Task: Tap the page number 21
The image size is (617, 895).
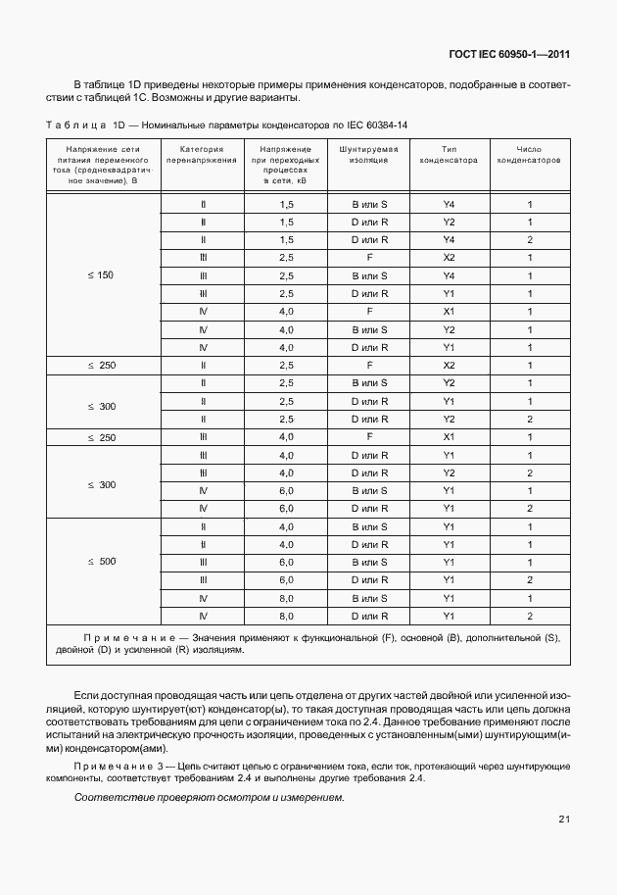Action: (564, 819)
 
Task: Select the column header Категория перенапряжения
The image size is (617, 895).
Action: (202, 153)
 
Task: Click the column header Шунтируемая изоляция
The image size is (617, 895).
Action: (369, 153)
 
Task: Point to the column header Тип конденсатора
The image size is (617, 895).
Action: (449, 153)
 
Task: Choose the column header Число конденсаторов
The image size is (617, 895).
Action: (529, 153)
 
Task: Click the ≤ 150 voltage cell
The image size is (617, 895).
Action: (101, 275)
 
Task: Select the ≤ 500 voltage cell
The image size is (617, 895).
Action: (101, 562)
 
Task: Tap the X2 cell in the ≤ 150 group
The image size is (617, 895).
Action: (449, 258)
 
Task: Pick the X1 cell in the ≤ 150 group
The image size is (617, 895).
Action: (449, 311)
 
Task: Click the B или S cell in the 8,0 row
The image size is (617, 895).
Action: (369, 597)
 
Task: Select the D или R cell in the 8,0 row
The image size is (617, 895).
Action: (369, 616)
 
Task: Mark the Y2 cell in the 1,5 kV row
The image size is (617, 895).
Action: (449, 222)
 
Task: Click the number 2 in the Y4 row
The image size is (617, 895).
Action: (529, 240)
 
